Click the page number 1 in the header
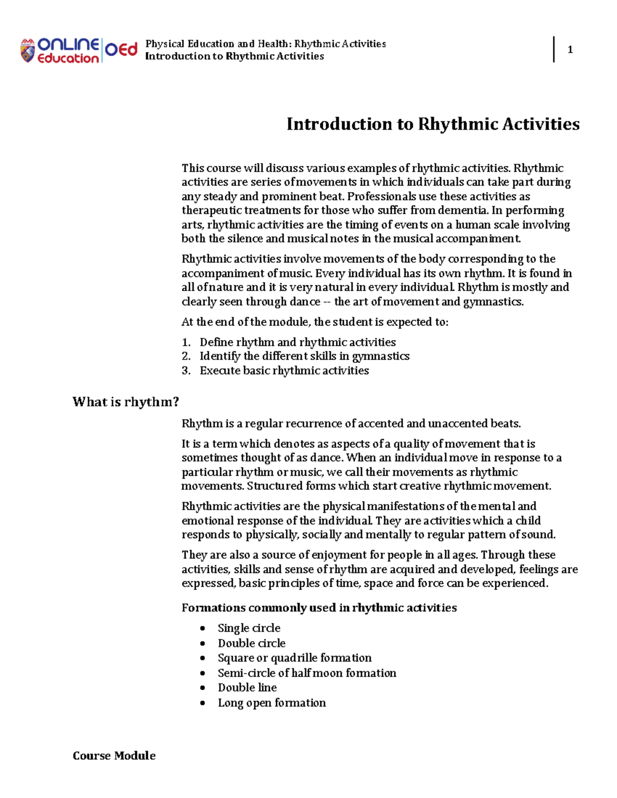tap(570, 50)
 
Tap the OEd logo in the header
tap(121, 50)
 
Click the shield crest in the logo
tap(27, 51)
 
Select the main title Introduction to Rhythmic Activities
tap(433, 124)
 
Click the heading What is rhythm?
tap(126, 402)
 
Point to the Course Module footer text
tap(114, 755)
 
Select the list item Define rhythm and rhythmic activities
tap(298, 342)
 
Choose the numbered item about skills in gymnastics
tap(304, 356)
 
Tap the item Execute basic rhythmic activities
tap(284, 370)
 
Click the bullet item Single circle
tap(249, 628)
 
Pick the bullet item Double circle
tap(251, 643)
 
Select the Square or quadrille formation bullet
tap(294, 658)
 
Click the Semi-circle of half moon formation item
tap(307, 673)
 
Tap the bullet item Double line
tap(247, 688)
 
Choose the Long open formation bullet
tap(271, 702)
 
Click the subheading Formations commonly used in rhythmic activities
tap(319, 608)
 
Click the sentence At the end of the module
tap(315, 322)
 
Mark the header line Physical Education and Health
tap(265, 44)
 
